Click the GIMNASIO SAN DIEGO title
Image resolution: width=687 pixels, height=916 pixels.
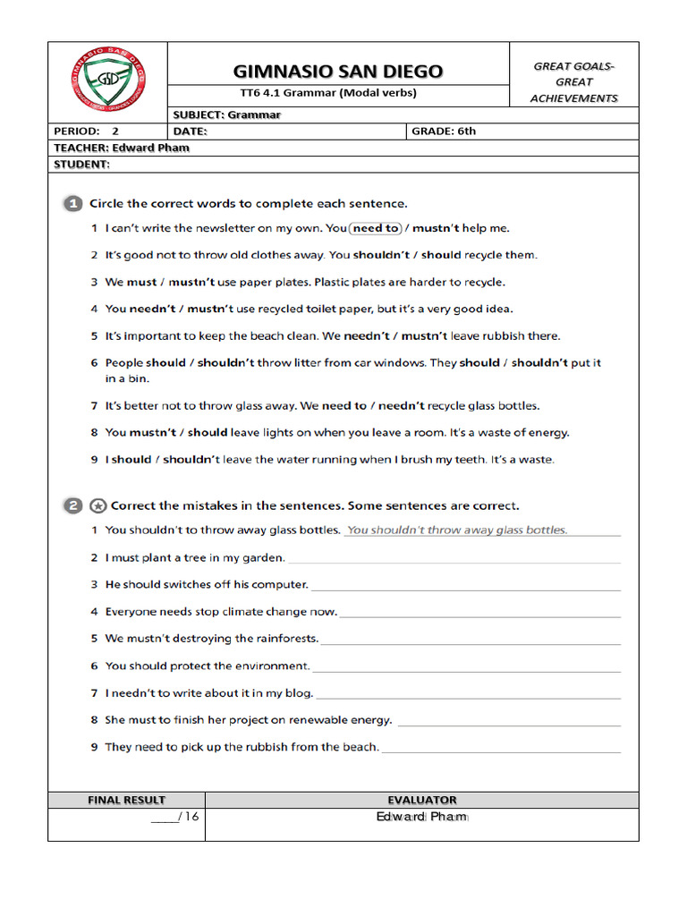[x=338, y=71]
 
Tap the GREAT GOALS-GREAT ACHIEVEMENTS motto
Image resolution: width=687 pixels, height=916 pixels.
[x=573, y=82]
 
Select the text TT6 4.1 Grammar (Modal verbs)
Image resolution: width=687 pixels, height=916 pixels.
[x=338, y=93]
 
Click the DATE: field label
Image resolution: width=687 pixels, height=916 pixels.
[x=190, y=131]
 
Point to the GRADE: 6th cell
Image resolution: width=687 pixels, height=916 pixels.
[x=444, y=131]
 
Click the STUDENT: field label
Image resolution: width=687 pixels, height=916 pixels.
[x=81, y=165]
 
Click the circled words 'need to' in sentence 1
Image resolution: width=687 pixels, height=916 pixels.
[x=376, y=228]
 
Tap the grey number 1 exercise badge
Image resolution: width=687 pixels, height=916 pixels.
[x=72, y=204]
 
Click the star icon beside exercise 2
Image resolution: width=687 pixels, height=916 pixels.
[x=98, y=506]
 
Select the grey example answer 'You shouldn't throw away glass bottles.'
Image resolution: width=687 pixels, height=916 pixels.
[x=457, y=530]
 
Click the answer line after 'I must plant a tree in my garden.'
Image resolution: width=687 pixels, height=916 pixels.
[x=454, y=560]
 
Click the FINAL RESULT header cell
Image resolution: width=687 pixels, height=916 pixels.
[x=126, y=800]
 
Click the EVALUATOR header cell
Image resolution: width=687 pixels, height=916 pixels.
[x=422, y=800]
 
